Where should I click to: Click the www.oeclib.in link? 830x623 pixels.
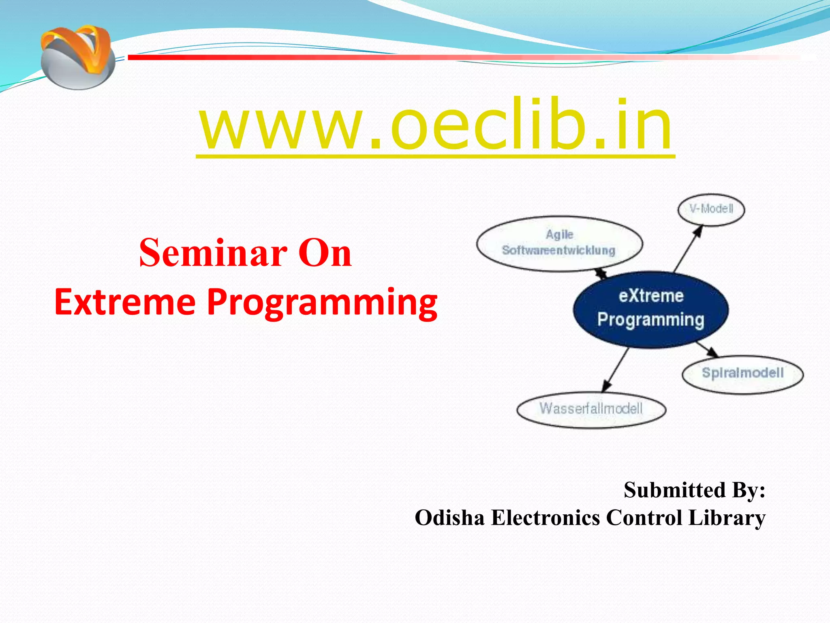(x=436, y=126)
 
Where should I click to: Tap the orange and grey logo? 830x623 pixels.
(x=77, y=57)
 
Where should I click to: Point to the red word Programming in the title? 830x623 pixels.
(x=323, y=303)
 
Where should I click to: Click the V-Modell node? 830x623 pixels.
(x=711, y=209)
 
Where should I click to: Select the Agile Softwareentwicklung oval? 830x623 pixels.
(x=559, y=243)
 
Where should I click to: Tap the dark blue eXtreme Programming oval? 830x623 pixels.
(x=651, y=309)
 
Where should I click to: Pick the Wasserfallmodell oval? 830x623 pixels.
(x=591, y=409)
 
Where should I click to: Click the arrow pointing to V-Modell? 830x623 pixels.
(x=688, y=249)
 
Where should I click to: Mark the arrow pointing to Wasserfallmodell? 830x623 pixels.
(x=615, y=370)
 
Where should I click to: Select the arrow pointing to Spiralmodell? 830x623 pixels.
(x=708, y=349)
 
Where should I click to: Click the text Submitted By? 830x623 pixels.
(x=695, y=490)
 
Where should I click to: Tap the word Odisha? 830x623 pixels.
(x=450, y=518)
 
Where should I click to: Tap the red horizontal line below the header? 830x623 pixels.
(x=470, y=58)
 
